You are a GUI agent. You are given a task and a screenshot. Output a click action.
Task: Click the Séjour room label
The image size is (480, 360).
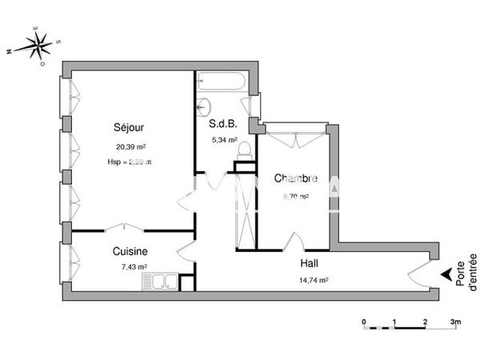(129, 127)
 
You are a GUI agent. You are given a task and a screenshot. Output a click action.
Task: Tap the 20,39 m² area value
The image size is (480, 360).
(129, 146)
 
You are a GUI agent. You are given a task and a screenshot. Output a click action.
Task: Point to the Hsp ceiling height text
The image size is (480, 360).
(129, 162)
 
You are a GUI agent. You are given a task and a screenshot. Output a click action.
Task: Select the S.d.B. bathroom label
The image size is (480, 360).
(223, 124)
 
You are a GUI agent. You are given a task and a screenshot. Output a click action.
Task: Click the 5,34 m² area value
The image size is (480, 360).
(223, 140)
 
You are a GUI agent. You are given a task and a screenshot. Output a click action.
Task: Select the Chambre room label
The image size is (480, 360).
(296, 178)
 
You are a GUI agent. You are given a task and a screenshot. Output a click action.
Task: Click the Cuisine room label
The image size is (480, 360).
(129, 250)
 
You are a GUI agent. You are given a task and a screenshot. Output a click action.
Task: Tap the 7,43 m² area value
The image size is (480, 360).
(129, 266)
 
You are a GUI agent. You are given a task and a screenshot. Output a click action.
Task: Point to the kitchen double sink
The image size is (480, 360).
(161, 282)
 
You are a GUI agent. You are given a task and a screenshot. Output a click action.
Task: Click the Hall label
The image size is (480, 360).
(310, 263)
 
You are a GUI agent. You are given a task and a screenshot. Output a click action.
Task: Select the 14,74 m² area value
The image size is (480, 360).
(314, 280)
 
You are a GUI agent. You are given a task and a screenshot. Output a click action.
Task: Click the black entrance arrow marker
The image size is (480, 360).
(444, 276)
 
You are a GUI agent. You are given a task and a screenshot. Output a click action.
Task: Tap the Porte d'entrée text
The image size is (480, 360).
(466, 272)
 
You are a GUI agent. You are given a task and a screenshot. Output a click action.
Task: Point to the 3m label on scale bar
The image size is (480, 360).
(455, 322)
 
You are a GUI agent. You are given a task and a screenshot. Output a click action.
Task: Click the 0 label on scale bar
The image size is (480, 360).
(364, 322)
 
